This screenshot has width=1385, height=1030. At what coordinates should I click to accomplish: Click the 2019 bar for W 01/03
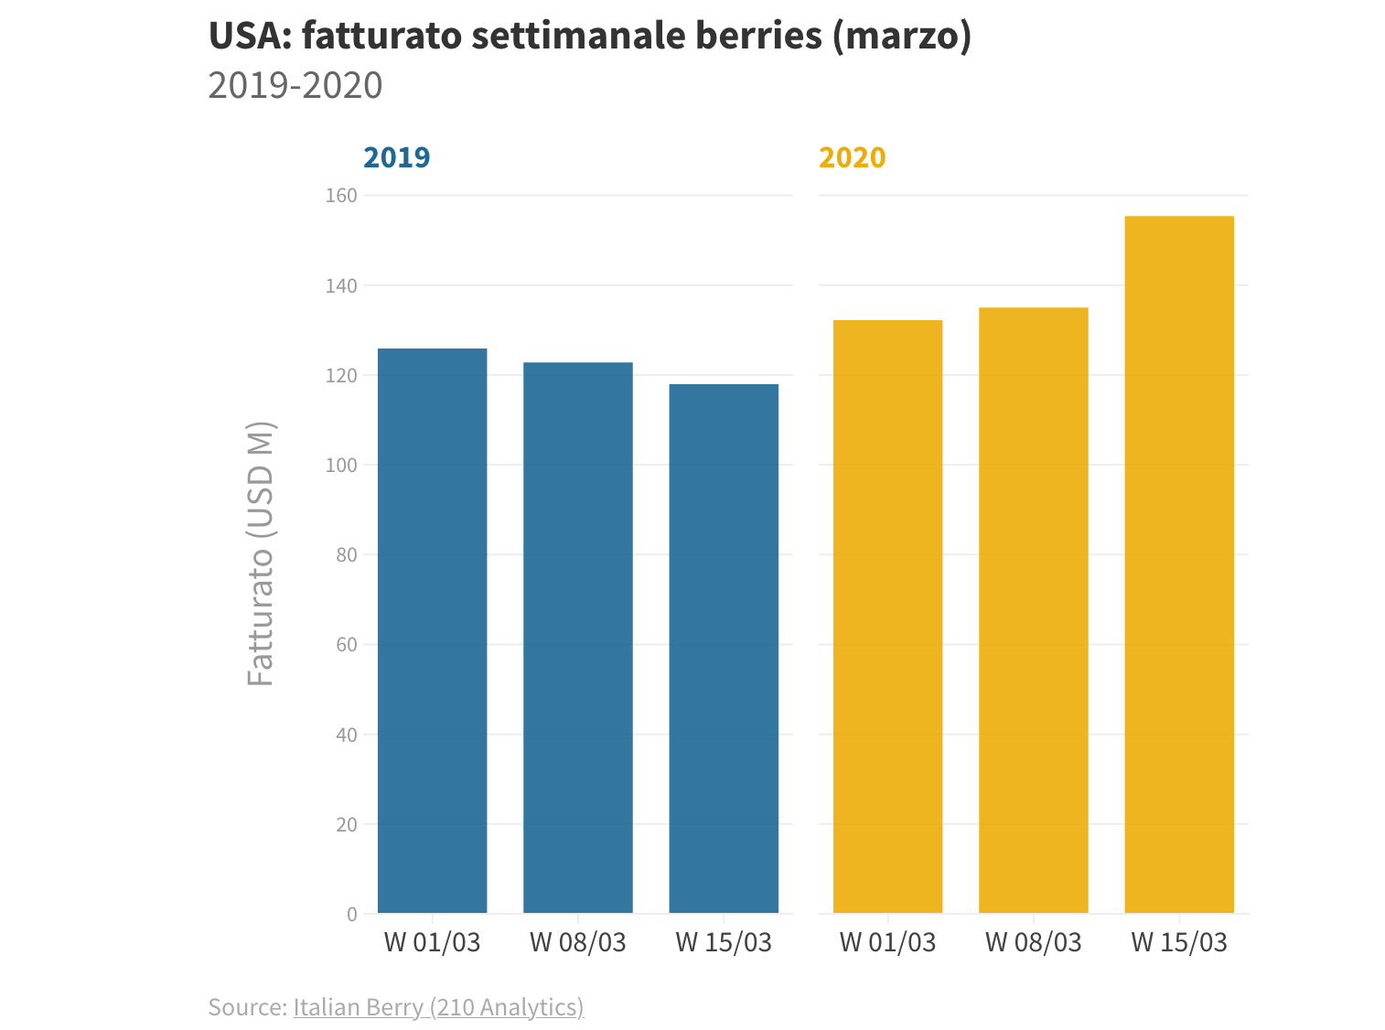[432, 630]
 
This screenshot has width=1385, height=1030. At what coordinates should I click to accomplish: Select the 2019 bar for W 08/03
[577, 638]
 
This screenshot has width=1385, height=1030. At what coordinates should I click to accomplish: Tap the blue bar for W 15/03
[724, 648]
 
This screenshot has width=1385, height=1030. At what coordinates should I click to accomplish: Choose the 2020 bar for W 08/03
[1033, 610]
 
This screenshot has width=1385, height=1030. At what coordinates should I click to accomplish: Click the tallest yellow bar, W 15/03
[1179, 564]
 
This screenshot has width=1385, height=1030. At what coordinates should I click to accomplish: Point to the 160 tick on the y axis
[341, 196]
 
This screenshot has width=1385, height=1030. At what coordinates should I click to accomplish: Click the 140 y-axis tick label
[341, 285]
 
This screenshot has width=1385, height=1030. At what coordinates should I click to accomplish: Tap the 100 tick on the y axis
[341, 465]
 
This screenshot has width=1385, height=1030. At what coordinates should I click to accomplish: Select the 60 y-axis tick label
[346, 645]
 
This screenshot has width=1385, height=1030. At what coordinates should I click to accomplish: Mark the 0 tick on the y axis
[352, 914]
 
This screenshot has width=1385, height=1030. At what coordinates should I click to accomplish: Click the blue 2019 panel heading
[396, 157]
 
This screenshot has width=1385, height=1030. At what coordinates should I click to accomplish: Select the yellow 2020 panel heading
[852, 157]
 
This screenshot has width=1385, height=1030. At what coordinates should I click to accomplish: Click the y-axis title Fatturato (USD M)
[261, 553]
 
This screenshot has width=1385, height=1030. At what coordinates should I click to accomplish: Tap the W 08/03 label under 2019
[577, 942]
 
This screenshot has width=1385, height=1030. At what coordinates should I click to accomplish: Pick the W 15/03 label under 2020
[1179, 942]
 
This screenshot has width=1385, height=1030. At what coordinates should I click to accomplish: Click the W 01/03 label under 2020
[887, 942]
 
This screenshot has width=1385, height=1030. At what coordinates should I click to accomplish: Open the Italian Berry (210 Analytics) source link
[438, 1007]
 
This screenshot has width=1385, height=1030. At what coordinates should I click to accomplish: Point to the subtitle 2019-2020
[295, 85]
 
